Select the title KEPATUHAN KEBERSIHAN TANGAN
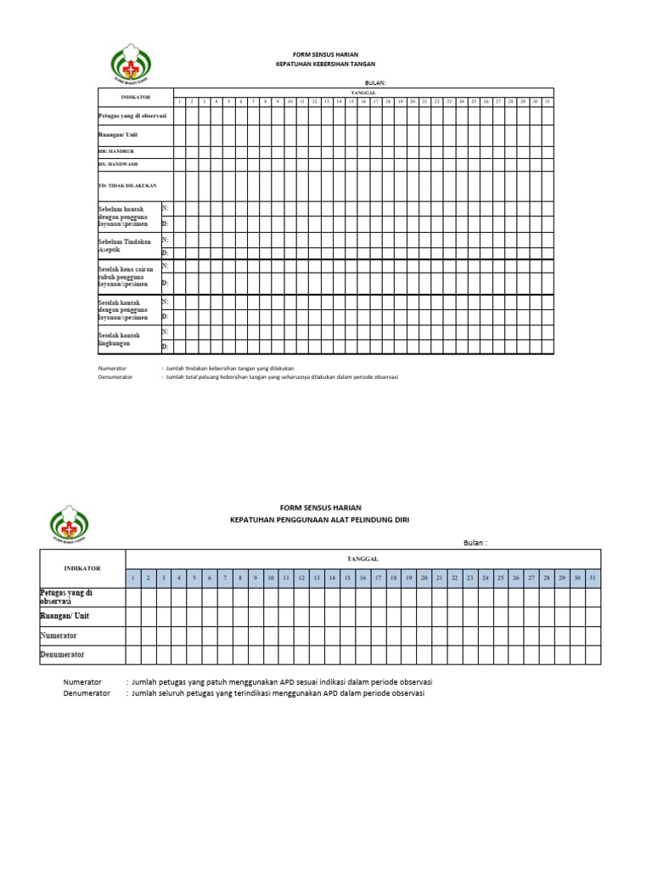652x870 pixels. pyautogui.click(x=325, y=65)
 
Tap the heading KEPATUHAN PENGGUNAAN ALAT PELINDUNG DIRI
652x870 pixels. pyautogui.click(x=319, y=519)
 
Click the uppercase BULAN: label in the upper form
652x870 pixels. pyautogui.click(x=375, y=82)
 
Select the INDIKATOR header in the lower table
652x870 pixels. pyautogui.click(x=82, y=568)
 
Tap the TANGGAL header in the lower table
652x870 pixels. pyautogui.click(x=363, y=558)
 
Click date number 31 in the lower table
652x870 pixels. pyautogui.click(x=593, y=578)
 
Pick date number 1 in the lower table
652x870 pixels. pyautogui.click(x=133, y=578)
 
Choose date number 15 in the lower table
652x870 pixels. pyautogui.click(x=347, y=578)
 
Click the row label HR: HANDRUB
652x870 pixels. pyautogui.click(x=117, y=150)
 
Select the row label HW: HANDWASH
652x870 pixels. pyautogui.click(x=118, y=163)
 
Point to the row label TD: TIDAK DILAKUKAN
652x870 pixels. pyautogui.click(x=127, y=185)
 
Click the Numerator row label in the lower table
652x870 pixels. pyautogui.click(x=59, y=636)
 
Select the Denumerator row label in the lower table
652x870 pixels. pyautogui.click(x=62, y=655)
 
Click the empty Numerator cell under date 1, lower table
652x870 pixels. pyautogui.click(x=133, y=636)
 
